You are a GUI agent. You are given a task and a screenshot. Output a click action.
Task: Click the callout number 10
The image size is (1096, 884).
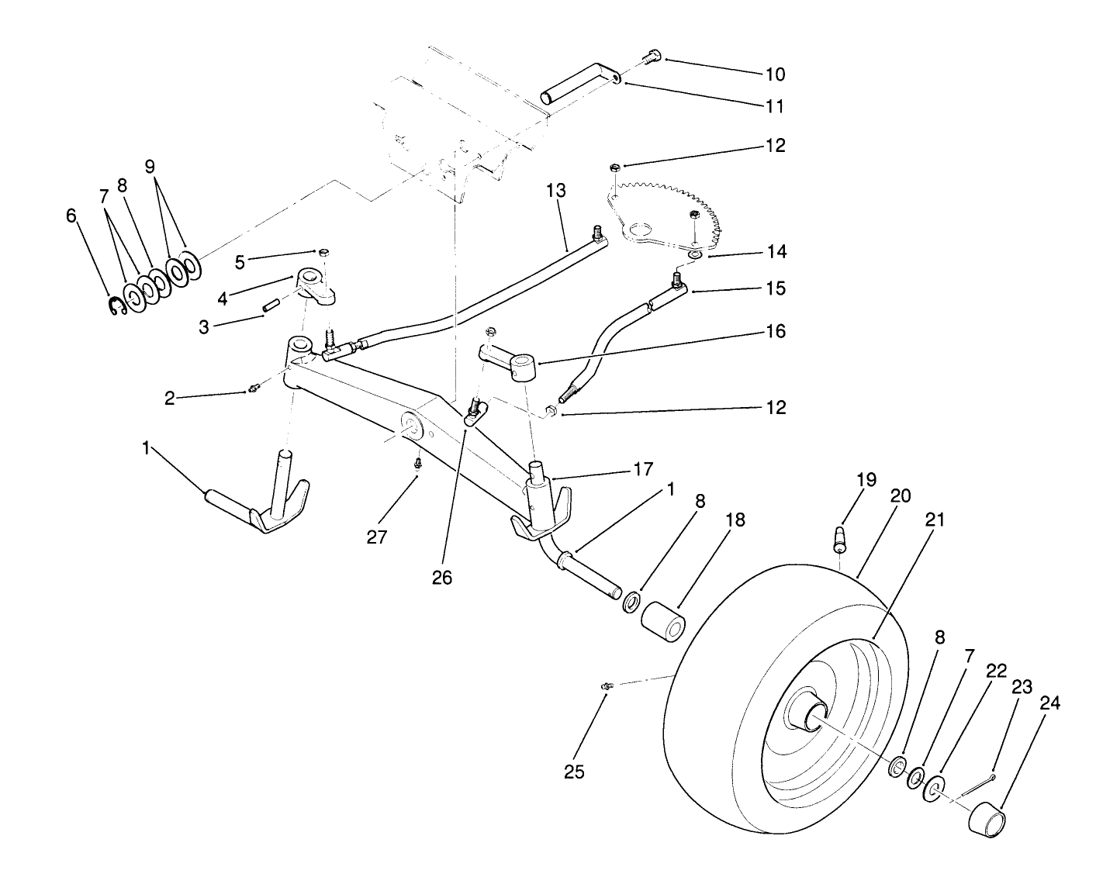[x=775, y=74]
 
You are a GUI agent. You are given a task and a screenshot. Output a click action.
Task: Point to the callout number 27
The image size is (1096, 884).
[x=376, y=537]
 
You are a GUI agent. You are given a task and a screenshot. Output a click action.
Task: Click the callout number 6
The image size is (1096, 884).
[x=71, y=215]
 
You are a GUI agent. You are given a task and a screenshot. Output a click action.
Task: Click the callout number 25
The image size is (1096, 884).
[x=574, y=772]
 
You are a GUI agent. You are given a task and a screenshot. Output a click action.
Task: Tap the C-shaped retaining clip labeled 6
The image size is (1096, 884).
[x=116, y=307]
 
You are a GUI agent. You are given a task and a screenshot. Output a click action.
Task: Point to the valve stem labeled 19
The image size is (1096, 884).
[x=840, y=538]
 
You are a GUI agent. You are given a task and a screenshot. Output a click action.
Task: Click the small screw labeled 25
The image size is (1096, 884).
[x=607, y=685]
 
